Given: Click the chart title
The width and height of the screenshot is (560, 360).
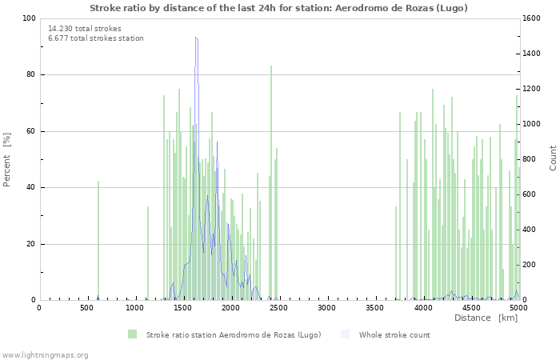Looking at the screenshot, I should pos(278,8).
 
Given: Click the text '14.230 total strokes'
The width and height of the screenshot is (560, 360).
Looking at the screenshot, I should pos(85,29).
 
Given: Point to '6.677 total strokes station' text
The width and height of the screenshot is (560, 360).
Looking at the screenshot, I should pos(96,38).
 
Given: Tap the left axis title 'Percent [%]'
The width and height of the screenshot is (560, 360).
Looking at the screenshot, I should pos(7,159).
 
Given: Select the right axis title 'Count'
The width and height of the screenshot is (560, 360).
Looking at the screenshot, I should pos(553,158).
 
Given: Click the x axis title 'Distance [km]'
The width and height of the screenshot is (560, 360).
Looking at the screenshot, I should pos(486,318).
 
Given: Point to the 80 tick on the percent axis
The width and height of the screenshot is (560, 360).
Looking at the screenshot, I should pos(30,75).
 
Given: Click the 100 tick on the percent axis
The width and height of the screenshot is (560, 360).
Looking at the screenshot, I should pos(28,18).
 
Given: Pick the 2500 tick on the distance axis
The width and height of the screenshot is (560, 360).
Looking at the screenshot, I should pos(279,307).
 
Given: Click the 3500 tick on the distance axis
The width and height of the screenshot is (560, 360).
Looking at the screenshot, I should pos(375,307).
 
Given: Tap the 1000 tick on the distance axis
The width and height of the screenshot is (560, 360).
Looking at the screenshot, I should pos(135,307).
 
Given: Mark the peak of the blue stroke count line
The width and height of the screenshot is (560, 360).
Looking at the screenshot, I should pos(195,37).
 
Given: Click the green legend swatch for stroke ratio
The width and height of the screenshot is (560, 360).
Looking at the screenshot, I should pos(132,334).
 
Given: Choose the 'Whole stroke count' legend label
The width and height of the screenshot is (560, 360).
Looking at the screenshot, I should pos(394,334).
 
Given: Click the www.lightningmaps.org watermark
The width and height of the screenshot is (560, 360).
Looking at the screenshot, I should pos(45,354).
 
